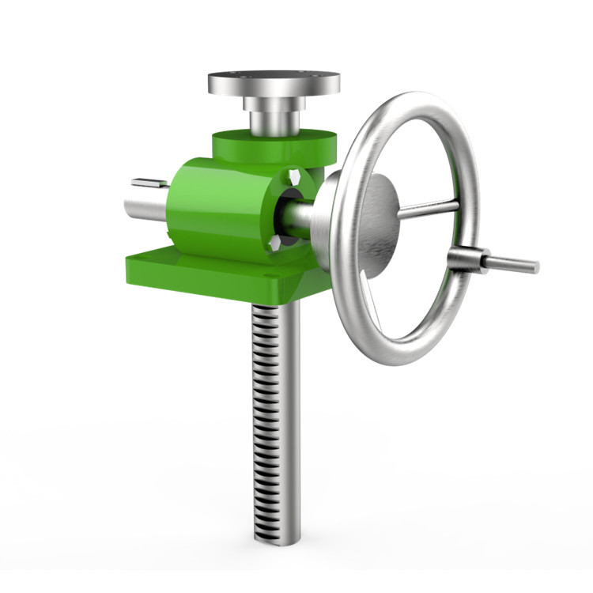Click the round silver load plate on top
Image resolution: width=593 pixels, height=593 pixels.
[x=274, y=82]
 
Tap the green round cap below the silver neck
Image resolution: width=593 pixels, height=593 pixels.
[x=237, y=146]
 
